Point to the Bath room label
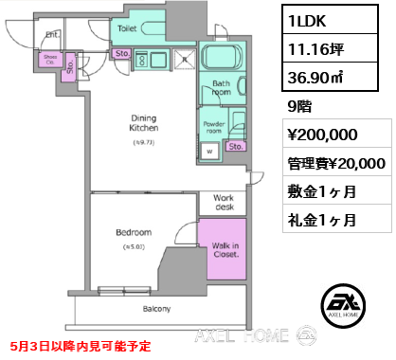coord(222,88)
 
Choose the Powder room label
coord(215,126)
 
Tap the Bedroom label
coord(133,232)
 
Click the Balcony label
coord(156,309)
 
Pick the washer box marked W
coord(208,150)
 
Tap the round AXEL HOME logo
coord(345,305)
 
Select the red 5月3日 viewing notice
coord(76,347)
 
